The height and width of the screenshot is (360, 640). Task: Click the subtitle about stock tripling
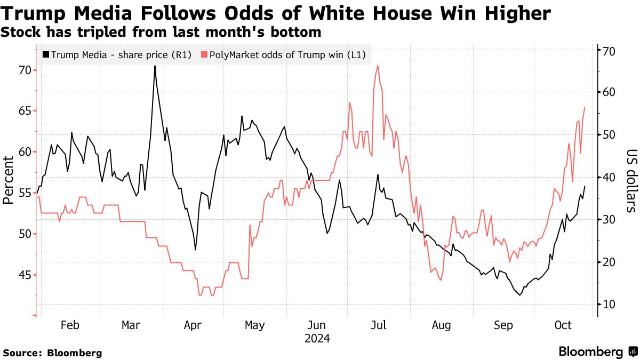161,33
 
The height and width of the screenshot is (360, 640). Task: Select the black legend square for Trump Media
46,55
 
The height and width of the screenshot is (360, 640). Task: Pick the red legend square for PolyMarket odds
204,55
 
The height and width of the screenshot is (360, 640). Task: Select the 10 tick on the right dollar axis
609,304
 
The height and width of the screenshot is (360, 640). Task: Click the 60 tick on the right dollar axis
609,93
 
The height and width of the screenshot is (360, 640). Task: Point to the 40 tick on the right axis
609,177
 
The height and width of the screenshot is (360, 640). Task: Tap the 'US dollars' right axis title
631,180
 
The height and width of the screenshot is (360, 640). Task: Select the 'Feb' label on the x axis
70,325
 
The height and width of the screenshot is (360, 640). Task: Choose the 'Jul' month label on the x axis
379,325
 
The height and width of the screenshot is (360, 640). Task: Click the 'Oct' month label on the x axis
563,325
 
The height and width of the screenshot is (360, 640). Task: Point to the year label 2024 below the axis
317,339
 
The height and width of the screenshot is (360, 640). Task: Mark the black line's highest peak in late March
155,66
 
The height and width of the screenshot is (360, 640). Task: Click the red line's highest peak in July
378,66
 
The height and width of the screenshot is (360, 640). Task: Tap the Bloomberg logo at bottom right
597,352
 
